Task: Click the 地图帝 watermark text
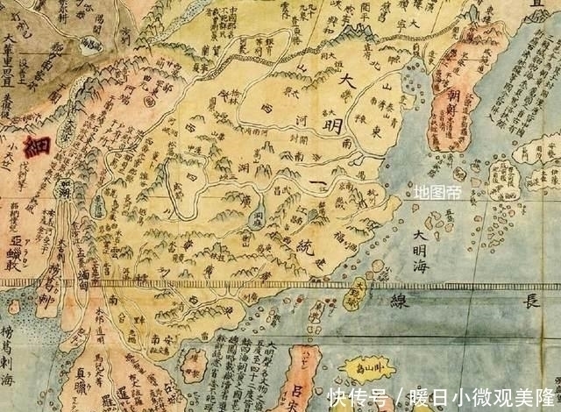tap(437, 192)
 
